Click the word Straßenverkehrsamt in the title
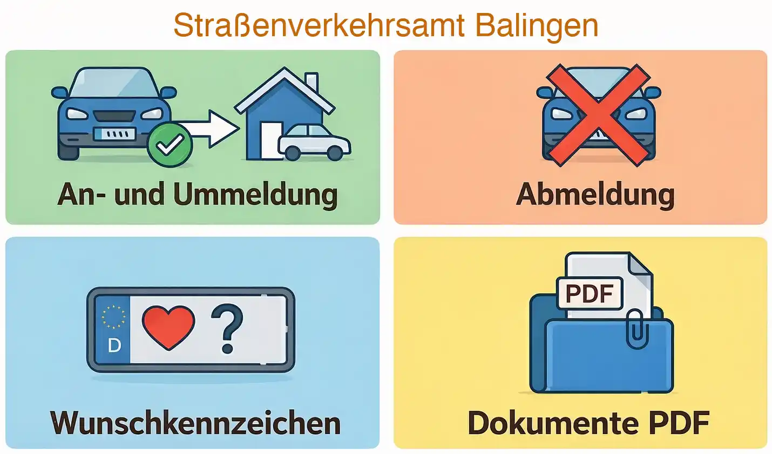click(x=319, y=25)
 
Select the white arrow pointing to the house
click(x=213, y=128)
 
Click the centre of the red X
click(x=598, y=114)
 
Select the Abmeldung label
click(x=595, y=194)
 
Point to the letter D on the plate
click(x=114, y=345)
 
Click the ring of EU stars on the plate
click(x=114, y=317)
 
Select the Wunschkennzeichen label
click(x=195, y=423)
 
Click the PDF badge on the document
click(x=590, y=294)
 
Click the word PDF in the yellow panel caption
click(x=679, y=423)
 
